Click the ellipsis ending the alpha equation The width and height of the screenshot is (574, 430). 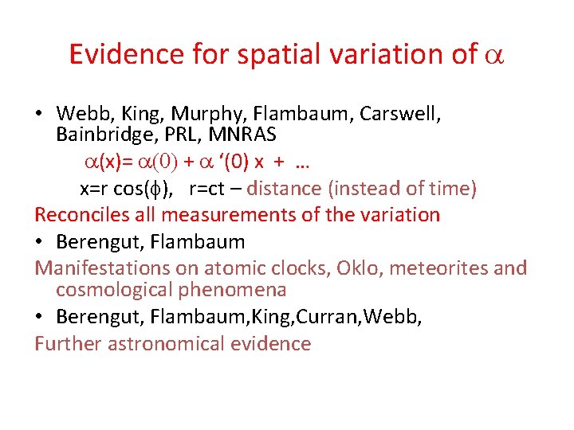pos(301,163)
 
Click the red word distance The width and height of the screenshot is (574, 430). pos(281,189)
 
